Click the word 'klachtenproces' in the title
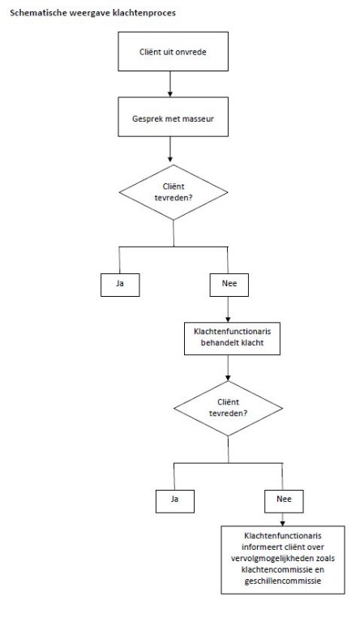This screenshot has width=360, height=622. [x=144, y=13]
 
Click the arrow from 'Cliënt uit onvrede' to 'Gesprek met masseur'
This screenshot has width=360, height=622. [x=170, y=84]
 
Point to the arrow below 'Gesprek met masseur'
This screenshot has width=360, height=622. [x=170, y=149]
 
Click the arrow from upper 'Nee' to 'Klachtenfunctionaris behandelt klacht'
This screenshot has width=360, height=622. [x=228, y=310]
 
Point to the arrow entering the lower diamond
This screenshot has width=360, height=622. [x=228, y=368]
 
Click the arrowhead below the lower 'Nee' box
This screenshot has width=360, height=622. [x=282, y=524]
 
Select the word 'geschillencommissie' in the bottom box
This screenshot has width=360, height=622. [x=283, y=581]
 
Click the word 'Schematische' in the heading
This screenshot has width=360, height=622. [x=34, y=13]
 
